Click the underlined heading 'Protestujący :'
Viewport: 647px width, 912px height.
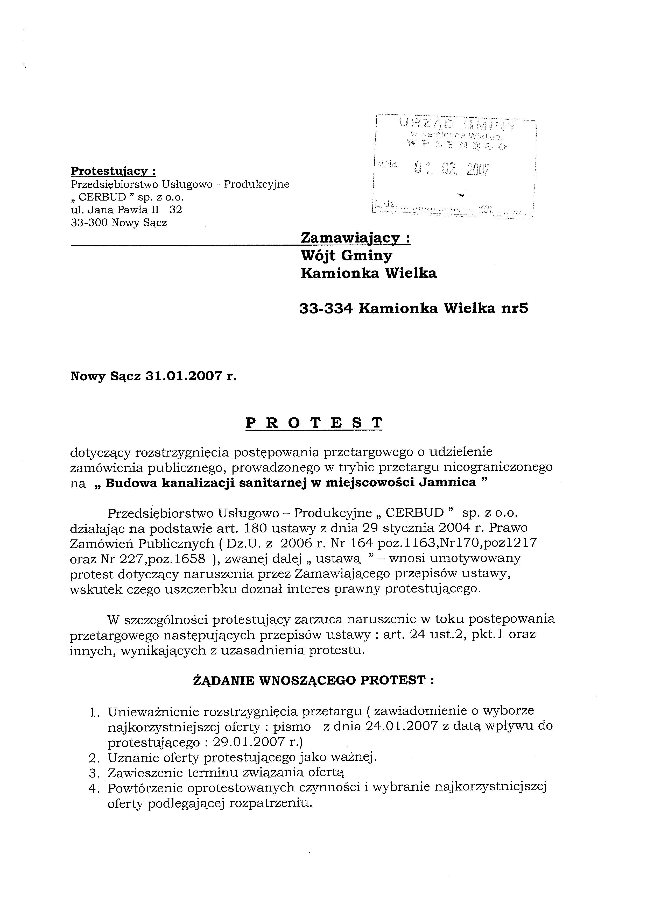pos(113,171)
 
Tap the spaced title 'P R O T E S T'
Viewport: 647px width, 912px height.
pos(314,423)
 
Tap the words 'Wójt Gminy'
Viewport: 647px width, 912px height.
pos(346,256)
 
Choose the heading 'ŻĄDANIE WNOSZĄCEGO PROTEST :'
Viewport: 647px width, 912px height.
pos(313,680)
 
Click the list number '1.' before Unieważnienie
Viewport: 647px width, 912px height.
pos(95,712)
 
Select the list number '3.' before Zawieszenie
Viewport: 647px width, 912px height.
pos(95,773)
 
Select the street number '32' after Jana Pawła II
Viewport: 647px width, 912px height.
pos(176,210)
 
